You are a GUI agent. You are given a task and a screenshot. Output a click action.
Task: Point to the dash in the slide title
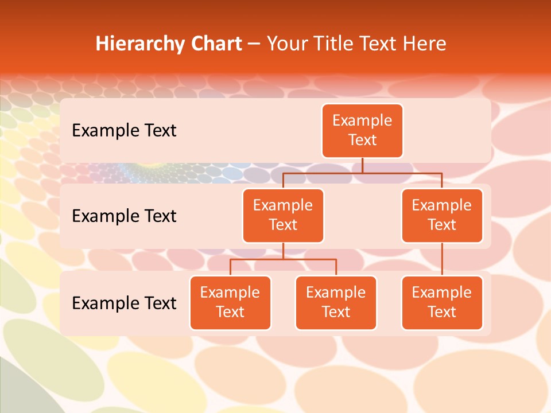pyautogui.click(x=254, y=44)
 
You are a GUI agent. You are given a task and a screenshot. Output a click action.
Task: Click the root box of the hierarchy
pyautogui.click(x=362, y=131)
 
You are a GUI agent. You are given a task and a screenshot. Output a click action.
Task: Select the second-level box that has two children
pyautogui.click(x=283, y=216)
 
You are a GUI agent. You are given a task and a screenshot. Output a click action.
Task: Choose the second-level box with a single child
pyautogui.click(x=442, y=216)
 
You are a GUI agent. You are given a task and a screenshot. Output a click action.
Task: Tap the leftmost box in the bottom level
pyautogui.click(x=230, y=303)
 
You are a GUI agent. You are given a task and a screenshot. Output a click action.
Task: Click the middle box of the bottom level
pyautogui.click(x=336, y=303)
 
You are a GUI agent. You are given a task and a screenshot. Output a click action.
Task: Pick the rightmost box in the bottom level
pyautogui.click(x=442, y=303)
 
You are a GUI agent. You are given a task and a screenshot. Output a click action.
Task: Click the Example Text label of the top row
pyautogui.click(x=124, y=131)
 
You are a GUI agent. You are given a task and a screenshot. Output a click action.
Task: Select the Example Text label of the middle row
pyautogui.click(x=124, y=216)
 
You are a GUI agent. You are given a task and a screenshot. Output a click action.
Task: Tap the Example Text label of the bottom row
pyautogui.click(x=124, y=303)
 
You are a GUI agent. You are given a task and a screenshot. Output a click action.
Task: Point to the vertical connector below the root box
pyautogui.click(x=362, y=165)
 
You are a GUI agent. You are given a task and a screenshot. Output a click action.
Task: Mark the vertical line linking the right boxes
pyautogui.click(x=442, y=259)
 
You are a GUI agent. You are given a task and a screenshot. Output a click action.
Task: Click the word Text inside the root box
pyautogui.click(x=362, y=140)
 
